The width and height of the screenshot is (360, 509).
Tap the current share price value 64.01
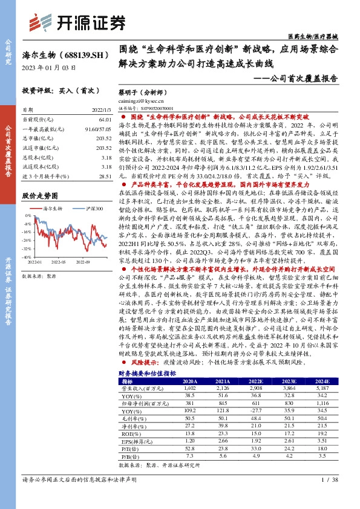click(x=104, y=120)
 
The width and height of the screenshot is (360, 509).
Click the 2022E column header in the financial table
click(x=257, y=381)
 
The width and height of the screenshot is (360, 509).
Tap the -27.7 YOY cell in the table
click(x=257, y=410)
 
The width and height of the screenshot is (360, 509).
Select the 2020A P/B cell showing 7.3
click(x=190, y=456)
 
